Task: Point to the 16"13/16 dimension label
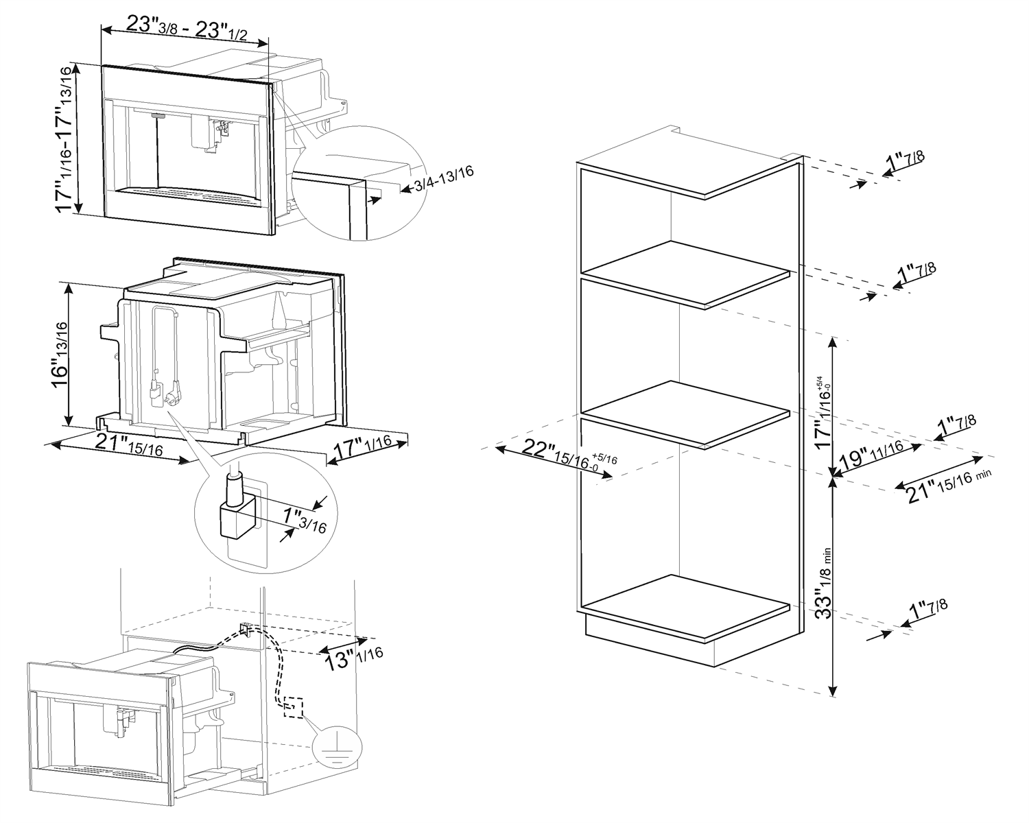point(60,354)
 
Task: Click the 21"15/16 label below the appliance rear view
point(129,445)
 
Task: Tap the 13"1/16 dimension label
point(353,658)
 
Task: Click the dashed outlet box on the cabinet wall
point(293,707)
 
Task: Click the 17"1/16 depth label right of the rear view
point(362,448)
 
